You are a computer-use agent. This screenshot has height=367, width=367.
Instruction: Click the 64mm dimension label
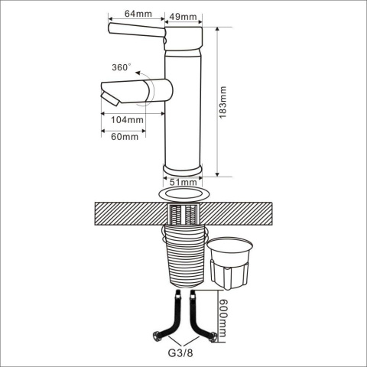click(x=138, y=14)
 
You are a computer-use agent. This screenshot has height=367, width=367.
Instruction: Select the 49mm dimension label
click(x=183, y=17)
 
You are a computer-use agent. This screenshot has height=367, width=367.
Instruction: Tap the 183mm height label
click(x=222, y=102)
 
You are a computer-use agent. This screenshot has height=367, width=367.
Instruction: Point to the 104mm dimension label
click(x=127, y=120)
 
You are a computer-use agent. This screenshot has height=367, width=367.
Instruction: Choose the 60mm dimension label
click(x=125, y=137)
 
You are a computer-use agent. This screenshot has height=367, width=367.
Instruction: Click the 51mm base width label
click(x=183, y=182)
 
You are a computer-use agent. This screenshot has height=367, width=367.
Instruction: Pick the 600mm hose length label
click(x=223, y=318)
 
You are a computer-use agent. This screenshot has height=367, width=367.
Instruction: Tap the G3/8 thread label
click(x=180, y=353)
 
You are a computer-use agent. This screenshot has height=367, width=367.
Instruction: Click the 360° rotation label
click(x=122, y=67)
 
